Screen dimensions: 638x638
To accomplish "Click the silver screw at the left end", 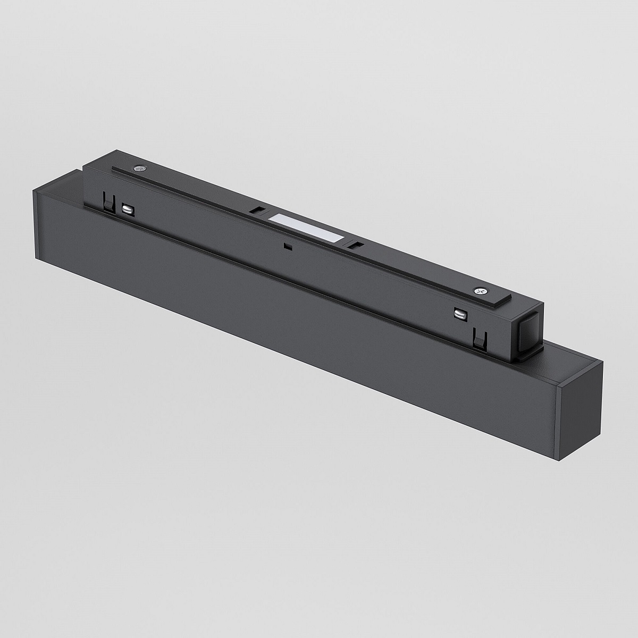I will click(140, 169).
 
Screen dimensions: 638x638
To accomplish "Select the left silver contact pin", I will click(128, 208).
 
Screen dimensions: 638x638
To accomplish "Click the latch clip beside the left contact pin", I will click(108, 203).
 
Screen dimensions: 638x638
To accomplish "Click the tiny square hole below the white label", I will click(287, 246).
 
